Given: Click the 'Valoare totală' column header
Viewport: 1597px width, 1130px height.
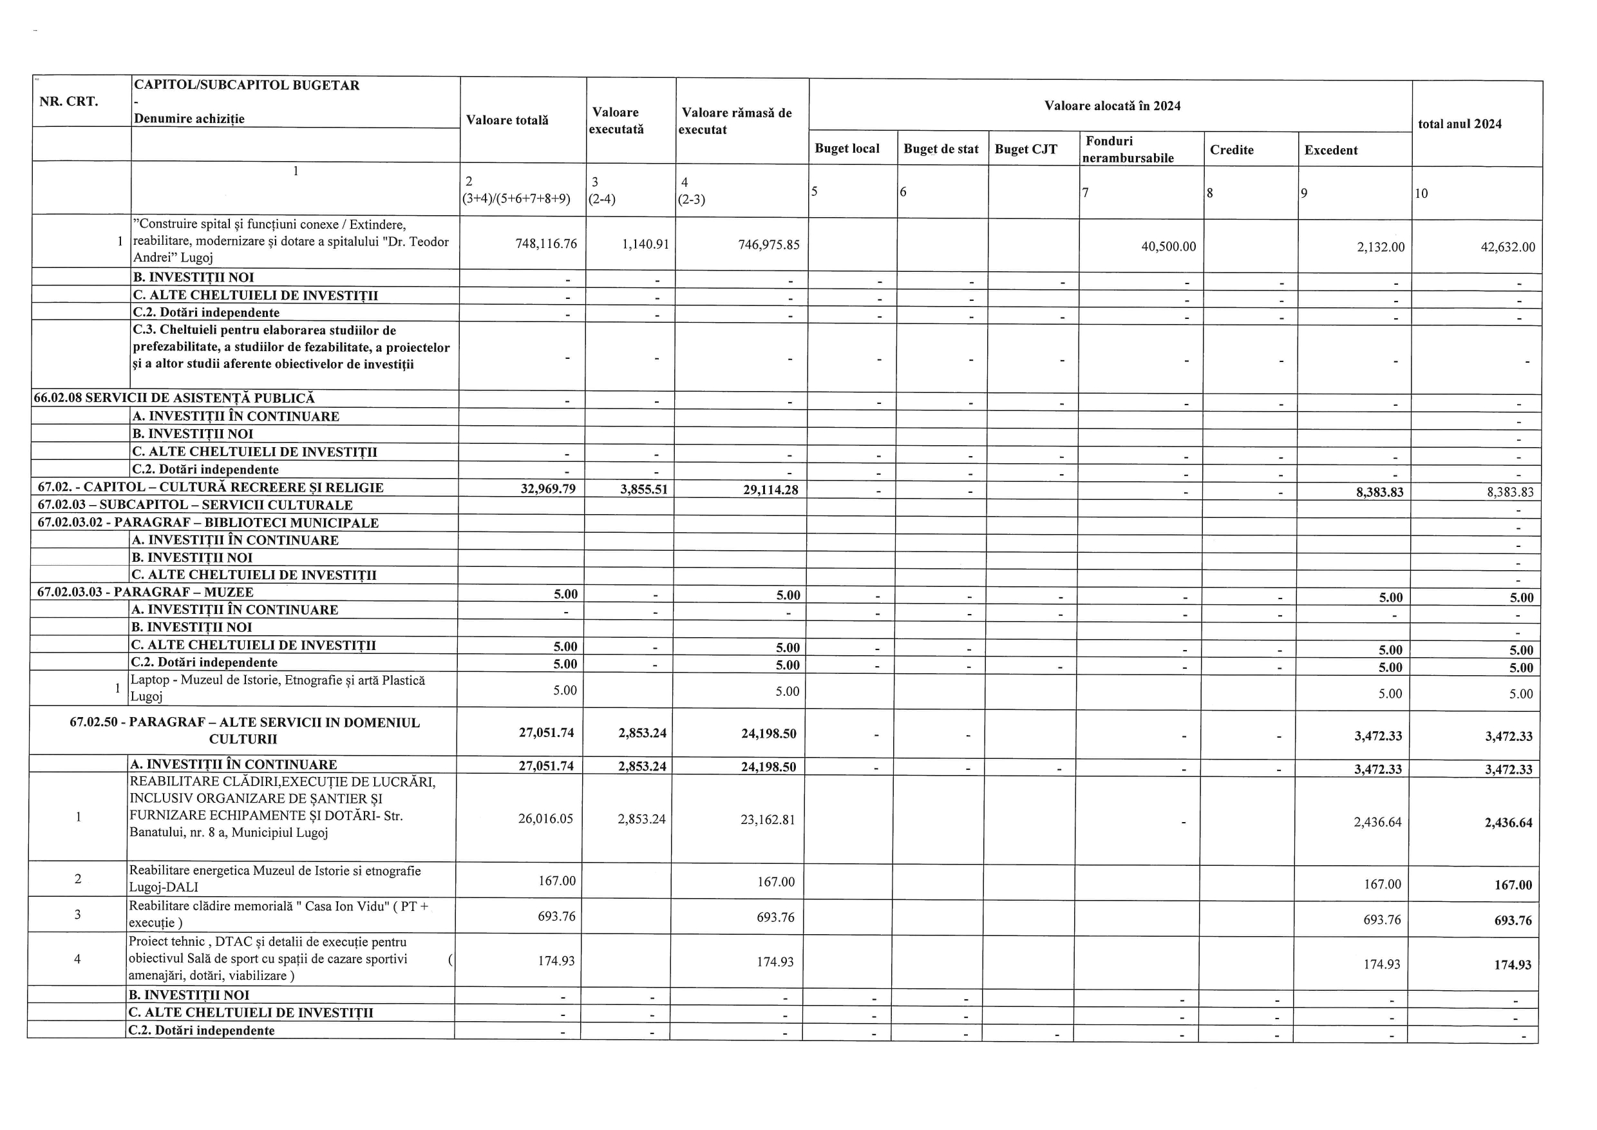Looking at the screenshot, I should (x=507, y=120).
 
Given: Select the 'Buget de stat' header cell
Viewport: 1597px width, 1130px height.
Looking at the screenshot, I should (x=940, y=149).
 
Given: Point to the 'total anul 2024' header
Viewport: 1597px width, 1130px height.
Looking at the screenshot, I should (x=1459, y=124).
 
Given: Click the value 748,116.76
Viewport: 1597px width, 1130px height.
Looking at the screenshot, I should (x=546, y=244).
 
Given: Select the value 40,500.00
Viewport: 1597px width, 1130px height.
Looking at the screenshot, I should (x=1169, y=246).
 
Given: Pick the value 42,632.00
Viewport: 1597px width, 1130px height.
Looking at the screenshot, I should (x=1507, y=247).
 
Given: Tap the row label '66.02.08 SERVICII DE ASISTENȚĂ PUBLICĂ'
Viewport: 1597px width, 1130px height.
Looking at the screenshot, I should (x=175, y=398).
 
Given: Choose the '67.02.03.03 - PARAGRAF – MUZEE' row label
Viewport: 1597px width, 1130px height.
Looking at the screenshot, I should (x=146, y=592).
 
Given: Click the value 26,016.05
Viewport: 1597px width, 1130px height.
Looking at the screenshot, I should (x=545, y=818).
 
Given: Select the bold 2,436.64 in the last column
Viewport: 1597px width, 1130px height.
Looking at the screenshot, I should (x=1508, y=823).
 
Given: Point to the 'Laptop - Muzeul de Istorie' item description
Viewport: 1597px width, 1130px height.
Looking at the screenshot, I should (x=278, y=687).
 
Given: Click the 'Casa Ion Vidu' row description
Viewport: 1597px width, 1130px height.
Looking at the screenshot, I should (x=278, y=914).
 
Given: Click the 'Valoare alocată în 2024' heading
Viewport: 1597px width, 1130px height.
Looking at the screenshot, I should (x=1112, y=106).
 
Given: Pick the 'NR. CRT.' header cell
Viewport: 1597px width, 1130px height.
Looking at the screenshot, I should (x=69, y=102).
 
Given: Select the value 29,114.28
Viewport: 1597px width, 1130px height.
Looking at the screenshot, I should (x=770, y=490).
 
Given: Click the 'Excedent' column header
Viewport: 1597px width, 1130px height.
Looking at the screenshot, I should (x=1330, y=150).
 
